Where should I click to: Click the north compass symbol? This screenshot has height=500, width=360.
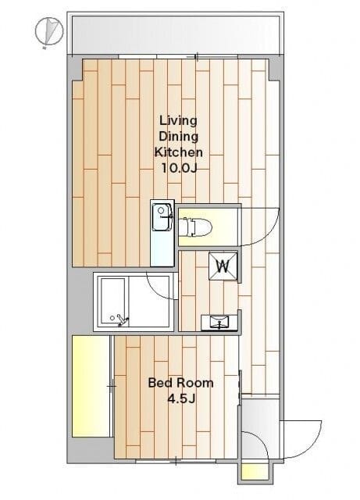(x=48, y=31)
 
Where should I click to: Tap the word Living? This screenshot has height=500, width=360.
(x=178, y=121)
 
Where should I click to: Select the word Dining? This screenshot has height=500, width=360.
(x=178, y=137)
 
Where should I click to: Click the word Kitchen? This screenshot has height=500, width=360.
(x=179, y=152)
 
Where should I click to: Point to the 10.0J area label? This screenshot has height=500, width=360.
(x=179, y=168)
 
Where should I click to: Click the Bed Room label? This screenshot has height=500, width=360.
(x=181, y=383)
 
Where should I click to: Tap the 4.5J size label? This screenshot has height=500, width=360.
(x=181, y=398)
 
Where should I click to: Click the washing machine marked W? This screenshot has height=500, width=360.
(x=223, y=266)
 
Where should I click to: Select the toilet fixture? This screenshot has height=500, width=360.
(x=195, y=227)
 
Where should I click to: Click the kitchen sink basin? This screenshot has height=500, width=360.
(x=162, y=217)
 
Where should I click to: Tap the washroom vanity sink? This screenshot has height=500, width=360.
(x=219, y=322)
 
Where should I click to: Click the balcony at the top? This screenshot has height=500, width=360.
(x=176, y=34)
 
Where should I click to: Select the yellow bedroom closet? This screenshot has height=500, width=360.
(x=91, y=386)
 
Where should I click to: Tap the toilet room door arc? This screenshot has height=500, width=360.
(x=269, y=235)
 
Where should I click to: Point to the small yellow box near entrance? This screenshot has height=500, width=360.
(x=254, y=471)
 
